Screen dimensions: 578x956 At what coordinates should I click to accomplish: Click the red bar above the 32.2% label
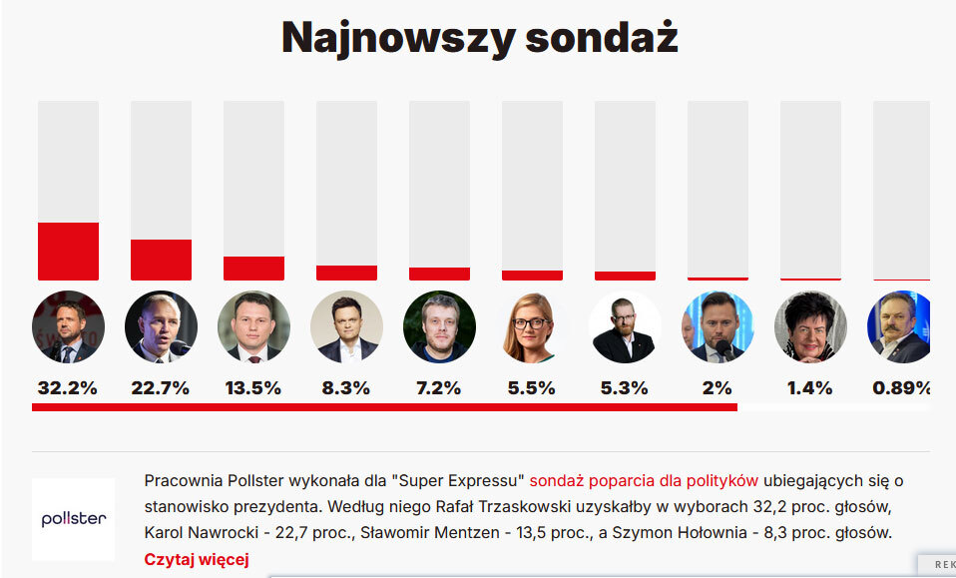point(68,251)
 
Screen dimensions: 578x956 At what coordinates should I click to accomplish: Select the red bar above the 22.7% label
point(161,260)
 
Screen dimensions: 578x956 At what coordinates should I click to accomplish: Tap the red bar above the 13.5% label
point(253,268)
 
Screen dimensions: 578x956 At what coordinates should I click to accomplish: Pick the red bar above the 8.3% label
point(346,273)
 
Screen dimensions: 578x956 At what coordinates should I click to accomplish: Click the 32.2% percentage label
point(67,388)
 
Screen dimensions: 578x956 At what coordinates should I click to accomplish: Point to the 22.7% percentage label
point(160,388)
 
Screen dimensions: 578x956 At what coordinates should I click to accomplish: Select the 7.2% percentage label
point(439,388)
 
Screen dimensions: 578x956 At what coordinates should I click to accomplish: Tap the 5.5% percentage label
point(532,388)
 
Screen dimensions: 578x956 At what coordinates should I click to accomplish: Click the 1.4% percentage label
point(810,388)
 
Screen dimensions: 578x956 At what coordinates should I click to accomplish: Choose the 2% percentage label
point(717,388)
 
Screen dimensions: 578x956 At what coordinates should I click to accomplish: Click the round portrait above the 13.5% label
point(253,326)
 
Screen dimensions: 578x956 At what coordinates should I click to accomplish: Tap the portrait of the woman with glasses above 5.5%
point(532,326)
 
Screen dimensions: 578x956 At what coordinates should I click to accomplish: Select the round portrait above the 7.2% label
point(439,326)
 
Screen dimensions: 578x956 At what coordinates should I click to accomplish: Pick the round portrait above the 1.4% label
point(810,326)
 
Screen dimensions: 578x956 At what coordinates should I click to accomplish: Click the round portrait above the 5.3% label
point(625,326)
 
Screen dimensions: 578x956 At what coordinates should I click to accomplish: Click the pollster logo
point(73,519)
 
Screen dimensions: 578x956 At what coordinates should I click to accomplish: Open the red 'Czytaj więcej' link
point(196,559)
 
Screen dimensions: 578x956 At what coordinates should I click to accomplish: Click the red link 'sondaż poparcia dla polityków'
point(645,479)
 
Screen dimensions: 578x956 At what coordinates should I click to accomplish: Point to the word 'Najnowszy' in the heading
point(397,38)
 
